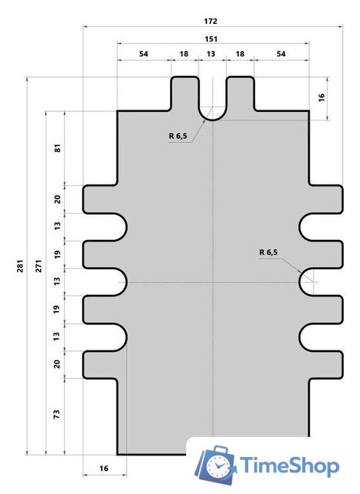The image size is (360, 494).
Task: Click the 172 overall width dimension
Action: point(211,21)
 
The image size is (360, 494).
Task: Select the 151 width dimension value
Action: point(211,39)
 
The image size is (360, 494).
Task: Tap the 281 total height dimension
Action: point(20,266)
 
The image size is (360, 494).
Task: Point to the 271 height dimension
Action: point(39,266)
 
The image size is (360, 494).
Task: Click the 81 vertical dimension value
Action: point(57,147)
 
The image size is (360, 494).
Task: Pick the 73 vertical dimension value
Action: point(56,414)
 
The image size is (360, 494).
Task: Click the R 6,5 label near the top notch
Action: point(178,136)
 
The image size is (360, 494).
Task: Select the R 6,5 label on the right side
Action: point(268,252)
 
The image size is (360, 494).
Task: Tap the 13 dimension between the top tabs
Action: point(211,53)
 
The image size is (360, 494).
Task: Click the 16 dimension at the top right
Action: point(321,97)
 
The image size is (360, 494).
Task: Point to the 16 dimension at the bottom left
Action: point(104,469)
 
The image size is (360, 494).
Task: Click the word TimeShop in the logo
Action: point(290,465)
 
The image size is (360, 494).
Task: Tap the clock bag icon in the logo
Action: point(216,464)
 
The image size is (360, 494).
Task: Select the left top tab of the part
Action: point(185,93)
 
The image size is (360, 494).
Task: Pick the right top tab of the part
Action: point(240,93)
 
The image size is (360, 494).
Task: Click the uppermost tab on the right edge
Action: point(326,199)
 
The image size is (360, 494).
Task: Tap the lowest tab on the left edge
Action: point(100,364)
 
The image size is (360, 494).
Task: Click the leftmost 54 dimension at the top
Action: point(144,53)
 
